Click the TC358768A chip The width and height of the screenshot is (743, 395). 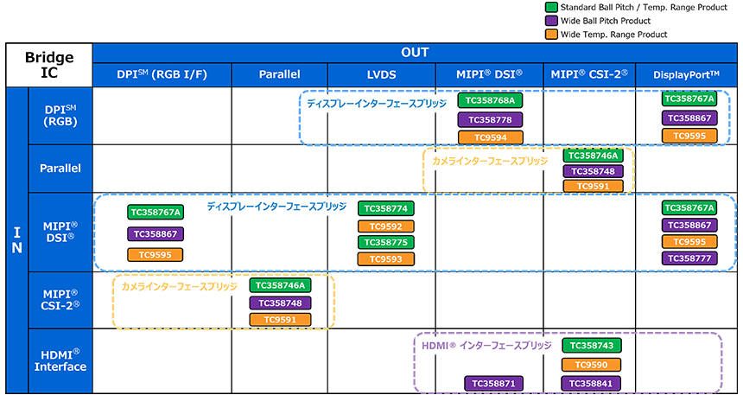coord(490,100)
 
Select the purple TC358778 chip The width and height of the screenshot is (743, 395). coord(490,119)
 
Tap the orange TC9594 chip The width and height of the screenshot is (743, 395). coord(490,137)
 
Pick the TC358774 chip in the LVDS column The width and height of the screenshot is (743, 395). coord(385,208)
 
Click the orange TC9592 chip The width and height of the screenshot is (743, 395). coord(385,226)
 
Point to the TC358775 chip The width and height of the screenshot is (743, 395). coord(385,242)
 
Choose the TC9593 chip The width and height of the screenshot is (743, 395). coord(385,259)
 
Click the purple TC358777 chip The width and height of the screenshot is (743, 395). coord(689,258)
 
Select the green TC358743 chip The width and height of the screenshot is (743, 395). coord(591,346)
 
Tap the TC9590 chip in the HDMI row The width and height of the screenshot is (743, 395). coord(591,365)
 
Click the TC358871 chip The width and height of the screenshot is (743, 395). coord(493,383)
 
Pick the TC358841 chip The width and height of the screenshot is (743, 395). coord(591,383)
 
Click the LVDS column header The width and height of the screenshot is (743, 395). coord(382,74)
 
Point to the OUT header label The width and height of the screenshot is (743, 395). coord(415,52)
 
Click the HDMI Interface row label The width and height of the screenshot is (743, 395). coord(60,360)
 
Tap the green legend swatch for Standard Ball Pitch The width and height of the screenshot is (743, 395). coord(551,8)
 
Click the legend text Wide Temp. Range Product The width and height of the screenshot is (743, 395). coord(613,35)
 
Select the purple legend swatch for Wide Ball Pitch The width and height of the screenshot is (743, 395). coord(551,21)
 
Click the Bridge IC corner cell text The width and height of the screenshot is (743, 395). coord(49,65)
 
